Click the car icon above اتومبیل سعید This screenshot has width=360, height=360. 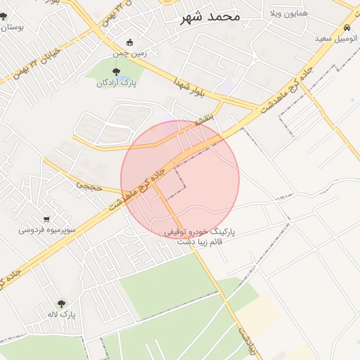tap(347, 28)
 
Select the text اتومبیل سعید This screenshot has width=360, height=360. tap(333, 38)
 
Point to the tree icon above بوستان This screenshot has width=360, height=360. tap(4, 15)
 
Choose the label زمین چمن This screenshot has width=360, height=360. tap(129, 53)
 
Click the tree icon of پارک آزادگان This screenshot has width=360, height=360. tap(116, 71)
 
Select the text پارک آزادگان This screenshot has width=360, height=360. tap(117, 83)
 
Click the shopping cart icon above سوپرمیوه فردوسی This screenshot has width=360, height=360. tap(46, 219)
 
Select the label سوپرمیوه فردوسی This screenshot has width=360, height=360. tap(46, 230)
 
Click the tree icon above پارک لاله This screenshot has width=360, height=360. tap(62, 304)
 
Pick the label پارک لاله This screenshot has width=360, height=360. tap(62, 315)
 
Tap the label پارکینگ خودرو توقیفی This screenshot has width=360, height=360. tap(200, 231)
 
